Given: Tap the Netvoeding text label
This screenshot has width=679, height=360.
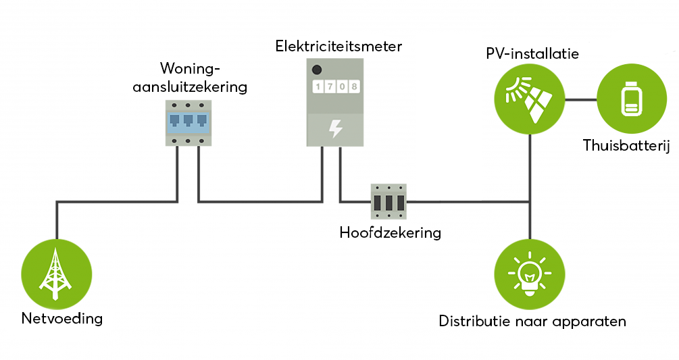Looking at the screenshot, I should coord(61,318).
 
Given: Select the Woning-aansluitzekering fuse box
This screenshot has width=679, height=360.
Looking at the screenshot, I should coord(188,122).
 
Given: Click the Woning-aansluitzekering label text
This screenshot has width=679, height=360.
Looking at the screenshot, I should coord(203,78).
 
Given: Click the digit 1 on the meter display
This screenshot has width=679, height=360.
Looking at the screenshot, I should coord(318,87).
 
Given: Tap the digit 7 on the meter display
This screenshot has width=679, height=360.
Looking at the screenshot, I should coord(329,87).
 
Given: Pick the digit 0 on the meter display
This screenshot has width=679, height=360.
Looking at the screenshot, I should coord(341,87).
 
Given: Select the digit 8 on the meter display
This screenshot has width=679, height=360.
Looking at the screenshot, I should coord(353,87).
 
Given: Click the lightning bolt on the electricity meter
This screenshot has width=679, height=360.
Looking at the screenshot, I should coord(335,128).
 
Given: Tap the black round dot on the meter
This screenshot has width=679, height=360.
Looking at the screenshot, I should coord(316,69).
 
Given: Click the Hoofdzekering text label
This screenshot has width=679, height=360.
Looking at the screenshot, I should coord(390,233).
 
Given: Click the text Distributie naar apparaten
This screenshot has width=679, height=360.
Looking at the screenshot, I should coord(532,321).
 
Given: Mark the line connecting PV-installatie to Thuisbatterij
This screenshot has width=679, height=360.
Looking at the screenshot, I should coord(580,101).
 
